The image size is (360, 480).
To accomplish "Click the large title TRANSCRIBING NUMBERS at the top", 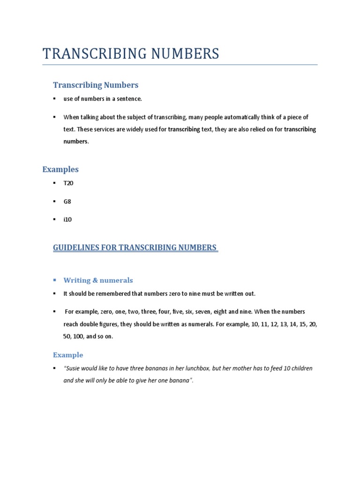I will (x=131, y=54).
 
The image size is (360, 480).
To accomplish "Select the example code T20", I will (x=68, y=183).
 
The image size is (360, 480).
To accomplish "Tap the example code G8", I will (x=67, y=202).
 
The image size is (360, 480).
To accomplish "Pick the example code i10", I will (x=68, y=219).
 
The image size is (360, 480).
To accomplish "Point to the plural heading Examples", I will (x=60, y=169).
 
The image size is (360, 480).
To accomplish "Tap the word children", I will (x=301, y=368).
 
